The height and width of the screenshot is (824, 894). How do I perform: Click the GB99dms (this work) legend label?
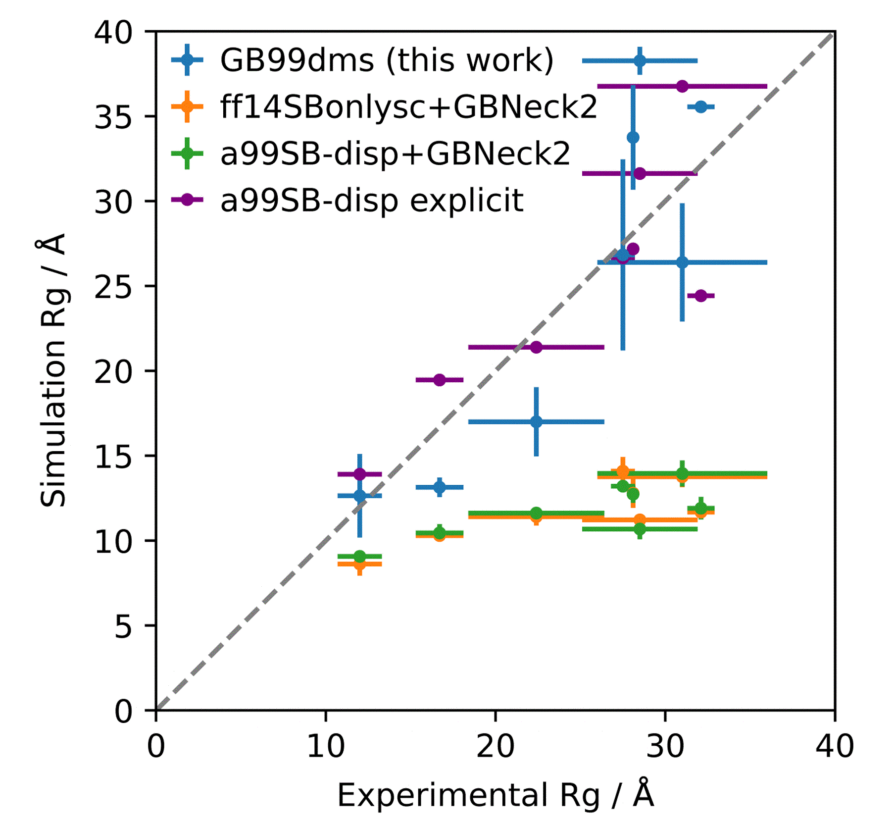click(x=387, y=61)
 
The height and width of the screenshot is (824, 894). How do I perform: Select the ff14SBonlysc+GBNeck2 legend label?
click(x=409, y=107)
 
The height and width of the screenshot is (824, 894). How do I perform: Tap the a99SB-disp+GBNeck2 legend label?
click(x=395, y=154)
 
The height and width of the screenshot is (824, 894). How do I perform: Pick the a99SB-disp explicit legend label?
click(x=371, y=200)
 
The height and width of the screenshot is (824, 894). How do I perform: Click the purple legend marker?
click(x=187, y=200)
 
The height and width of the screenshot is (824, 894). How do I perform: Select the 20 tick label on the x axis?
click(x=495, y=746)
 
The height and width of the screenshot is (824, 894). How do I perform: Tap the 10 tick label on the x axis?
click(x=325, y=746)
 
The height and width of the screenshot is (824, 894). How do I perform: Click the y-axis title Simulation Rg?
click(x=53, y=370)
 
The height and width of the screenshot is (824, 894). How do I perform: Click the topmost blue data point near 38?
click(x=640, y=61)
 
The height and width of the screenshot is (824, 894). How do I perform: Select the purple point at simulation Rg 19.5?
click(x=439, y=380)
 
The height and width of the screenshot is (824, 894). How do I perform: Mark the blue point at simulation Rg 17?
click(x=536, y=422)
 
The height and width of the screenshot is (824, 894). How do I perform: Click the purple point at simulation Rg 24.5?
click(x=700, y=296)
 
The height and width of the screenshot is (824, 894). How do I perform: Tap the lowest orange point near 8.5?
click(x=360, y=564)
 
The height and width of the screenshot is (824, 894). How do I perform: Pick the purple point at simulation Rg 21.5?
click(x=536, y=347)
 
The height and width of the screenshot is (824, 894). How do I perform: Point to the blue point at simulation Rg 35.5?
click(x=700, y=107)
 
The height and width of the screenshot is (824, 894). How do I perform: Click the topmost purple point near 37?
click(x=682, y=86)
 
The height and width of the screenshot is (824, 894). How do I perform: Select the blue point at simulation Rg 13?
click(x=439, y=487)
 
